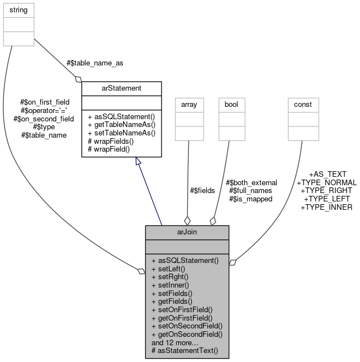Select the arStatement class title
point(121,88)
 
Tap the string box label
point(18,10)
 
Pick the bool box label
point(231,104)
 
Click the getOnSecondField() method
point(187,334)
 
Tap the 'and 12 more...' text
point(175,342)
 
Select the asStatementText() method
point(184,351)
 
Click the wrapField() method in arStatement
point(108,149)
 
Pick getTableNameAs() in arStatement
point(121,125)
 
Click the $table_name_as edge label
point(94,63)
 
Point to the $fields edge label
point(202,190)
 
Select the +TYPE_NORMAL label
point(326,182)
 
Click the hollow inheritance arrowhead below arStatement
point(137,162)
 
